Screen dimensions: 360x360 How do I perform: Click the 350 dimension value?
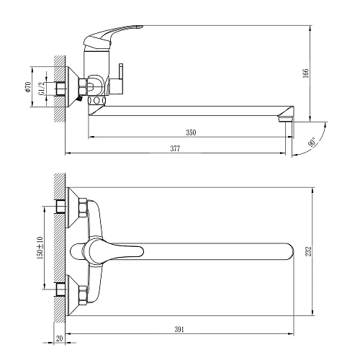pos(191,132)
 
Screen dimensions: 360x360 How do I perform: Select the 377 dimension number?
pos(175,148)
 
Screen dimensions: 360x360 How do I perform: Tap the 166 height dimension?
pos(305,73)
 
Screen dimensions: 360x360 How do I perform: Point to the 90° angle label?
pos(312,143)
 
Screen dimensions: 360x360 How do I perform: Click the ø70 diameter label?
pos(28,87)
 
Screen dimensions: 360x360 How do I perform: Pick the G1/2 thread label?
pos(42,89)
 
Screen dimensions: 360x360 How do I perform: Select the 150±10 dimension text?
pos(40,248)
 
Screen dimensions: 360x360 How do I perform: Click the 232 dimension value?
pos(308,251)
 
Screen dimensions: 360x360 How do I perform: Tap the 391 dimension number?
pos(179,329)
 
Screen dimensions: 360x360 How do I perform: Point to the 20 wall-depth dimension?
pos(59,338)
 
